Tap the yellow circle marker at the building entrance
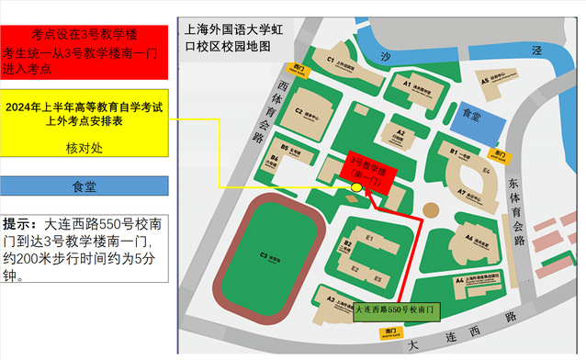356,188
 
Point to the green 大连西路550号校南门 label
398,311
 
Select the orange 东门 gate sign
500,152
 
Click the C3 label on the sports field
264,254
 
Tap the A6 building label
469,237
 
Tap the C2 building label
299,111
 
